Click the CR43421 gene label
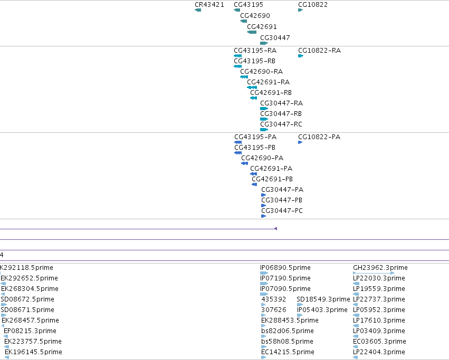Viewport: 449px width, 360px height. click(209, 5)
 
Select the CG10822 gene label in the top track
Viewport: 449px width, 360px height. click(313, 5)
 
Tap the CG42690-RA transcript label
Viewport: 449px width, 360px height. click(262, 72)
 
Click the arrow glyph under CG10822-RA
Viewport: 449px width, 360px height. click(301, 56)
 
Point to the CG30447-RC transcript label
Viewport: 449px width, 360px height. click(281, 124)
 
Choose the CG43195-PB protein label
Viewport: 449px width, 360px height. click(255, 148)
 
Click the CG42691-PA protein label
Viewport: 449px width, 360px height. click(271, 169)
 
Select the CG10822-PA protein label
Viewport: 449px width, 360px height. click(319, 137)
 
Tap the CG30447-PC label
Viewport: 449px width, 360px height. click(282, 211)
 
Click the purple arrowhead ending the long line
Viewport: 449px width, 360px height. click(276, 229)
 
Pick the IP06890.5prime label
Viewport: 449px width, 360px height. click(285, 268)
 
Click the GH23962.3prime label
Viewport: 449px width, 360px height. click(380, 268)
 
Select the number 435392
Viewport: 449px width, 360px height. click(274, 299)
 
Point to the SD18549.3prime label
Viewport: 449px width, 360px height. click(323, 299)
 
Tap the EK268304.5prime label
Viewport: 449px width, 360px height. click(30, 289)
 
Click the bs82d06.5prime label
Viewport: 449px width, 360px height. click(288, 331)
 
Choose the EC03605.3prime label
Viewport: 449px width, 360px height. click(379, 342)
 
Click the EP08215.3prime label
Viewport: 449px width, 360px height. click(30, 331)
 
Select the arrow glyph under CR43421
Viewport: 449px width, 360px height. click(198, 10)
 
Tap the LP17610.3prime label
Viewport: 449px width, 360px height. click(379, 320)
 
